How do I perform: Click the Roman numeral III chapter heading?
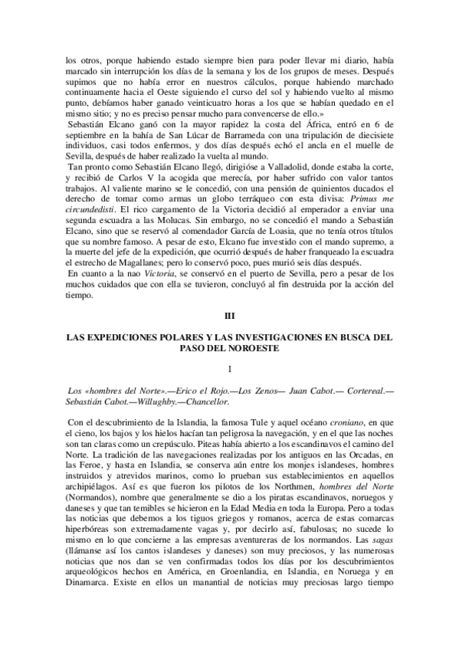[229, 314]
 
